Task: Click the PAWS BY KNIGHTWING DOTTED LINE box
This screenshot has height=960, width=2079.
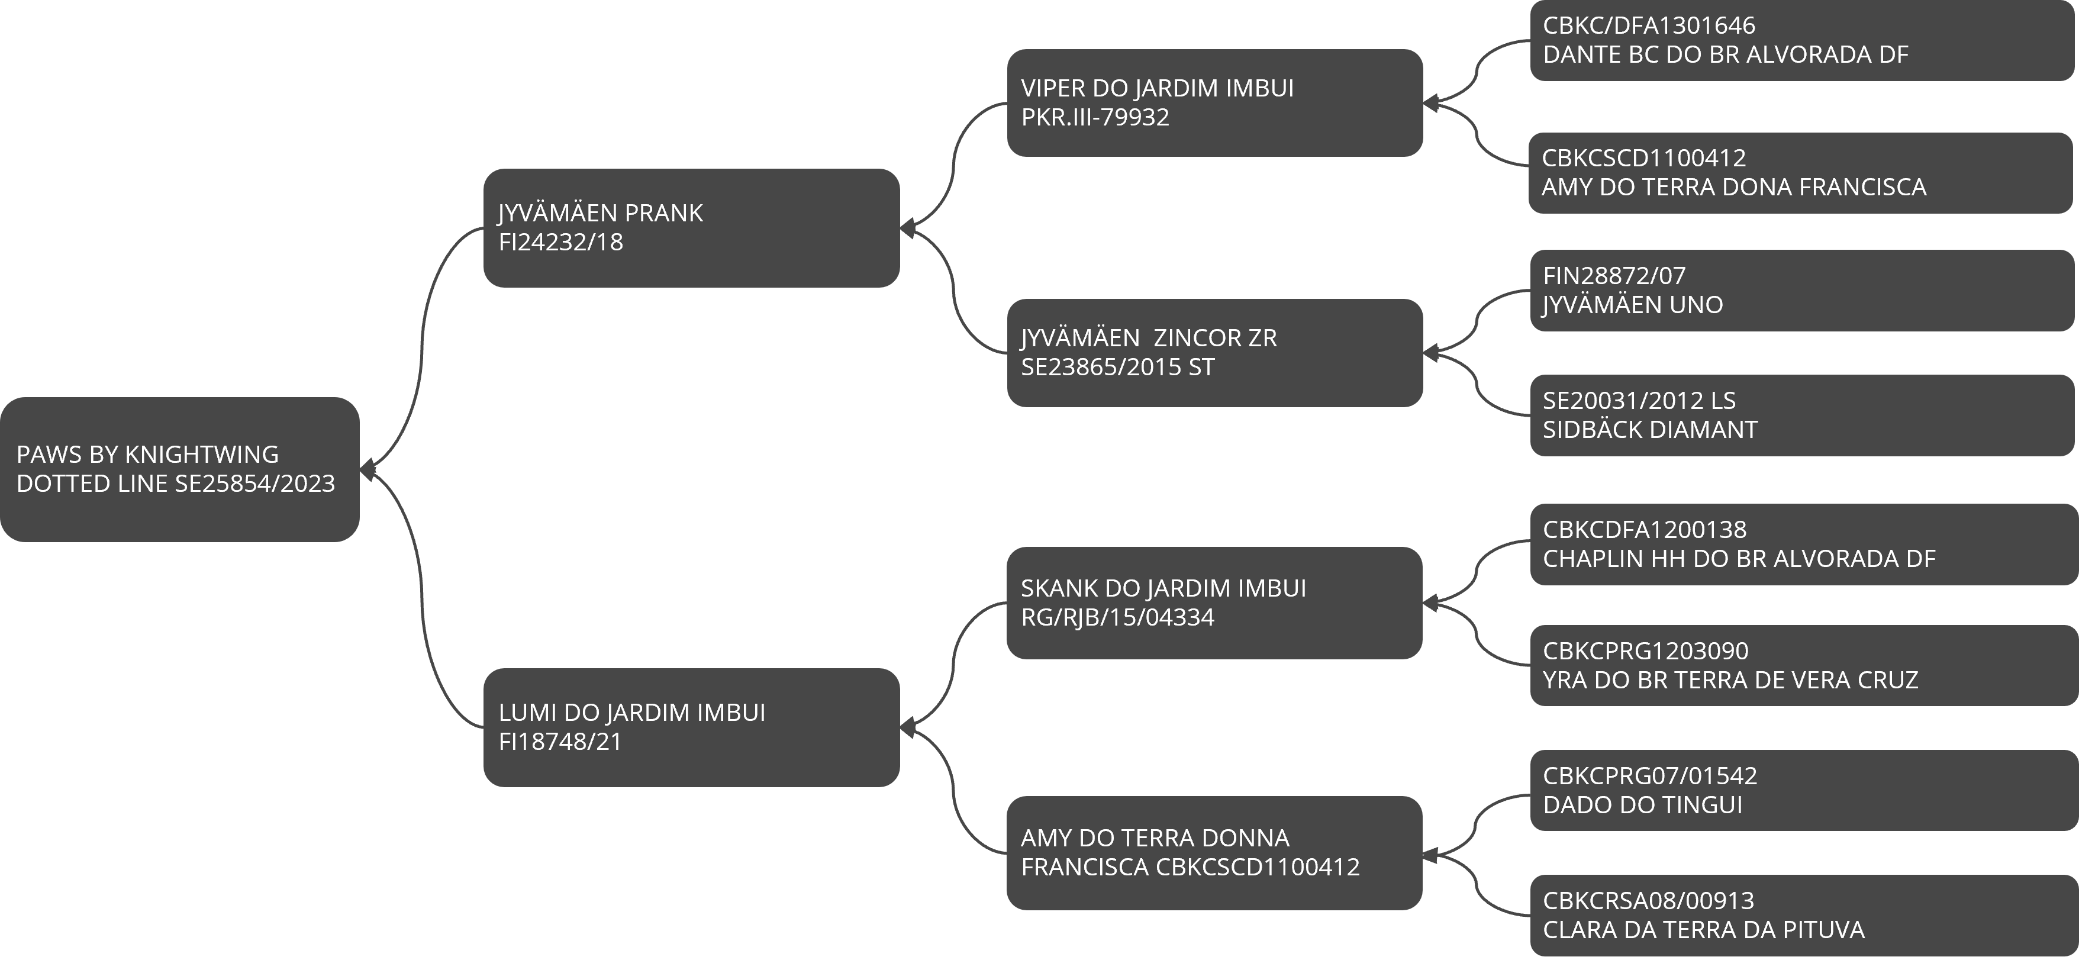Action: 179,469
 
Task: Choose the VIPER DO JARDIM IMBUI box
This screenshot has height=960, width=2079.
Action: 1214,102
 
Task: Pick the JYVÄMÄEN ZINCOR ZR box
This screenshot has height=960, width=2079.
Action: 1214,353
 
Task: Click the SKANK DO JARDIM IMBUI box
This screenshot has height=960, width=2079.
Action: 1214,603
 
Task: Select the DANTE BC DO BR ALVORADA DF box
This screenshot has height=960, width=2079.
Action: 1801,40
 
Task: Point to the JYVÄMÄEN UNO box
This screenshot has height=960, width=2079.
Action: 1801,291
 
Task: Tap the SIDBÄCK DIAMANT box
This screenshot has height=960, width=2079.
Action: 1801,415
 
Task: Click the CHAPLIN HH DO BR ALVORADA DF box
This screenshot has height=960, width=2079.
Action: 1804,544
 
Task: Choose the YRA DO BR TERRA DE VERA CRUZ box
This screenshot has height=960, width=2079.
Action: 1804,665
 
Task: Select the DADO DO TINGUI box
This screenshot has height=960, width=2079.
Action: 1804,791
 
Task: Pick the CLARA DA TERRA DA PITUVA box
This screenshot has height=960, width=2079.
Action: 1804,916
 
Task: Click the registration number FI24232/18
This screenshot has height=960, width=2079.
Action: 561,242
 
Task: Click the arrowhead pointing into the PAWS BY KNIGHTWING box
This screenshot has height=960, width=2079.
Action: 368,469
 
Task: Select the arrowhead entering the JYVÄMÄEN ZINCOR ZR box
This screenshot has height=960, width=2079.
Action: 1430,353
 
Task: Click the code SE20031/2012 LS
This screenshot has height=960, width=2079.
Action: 1639,401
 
